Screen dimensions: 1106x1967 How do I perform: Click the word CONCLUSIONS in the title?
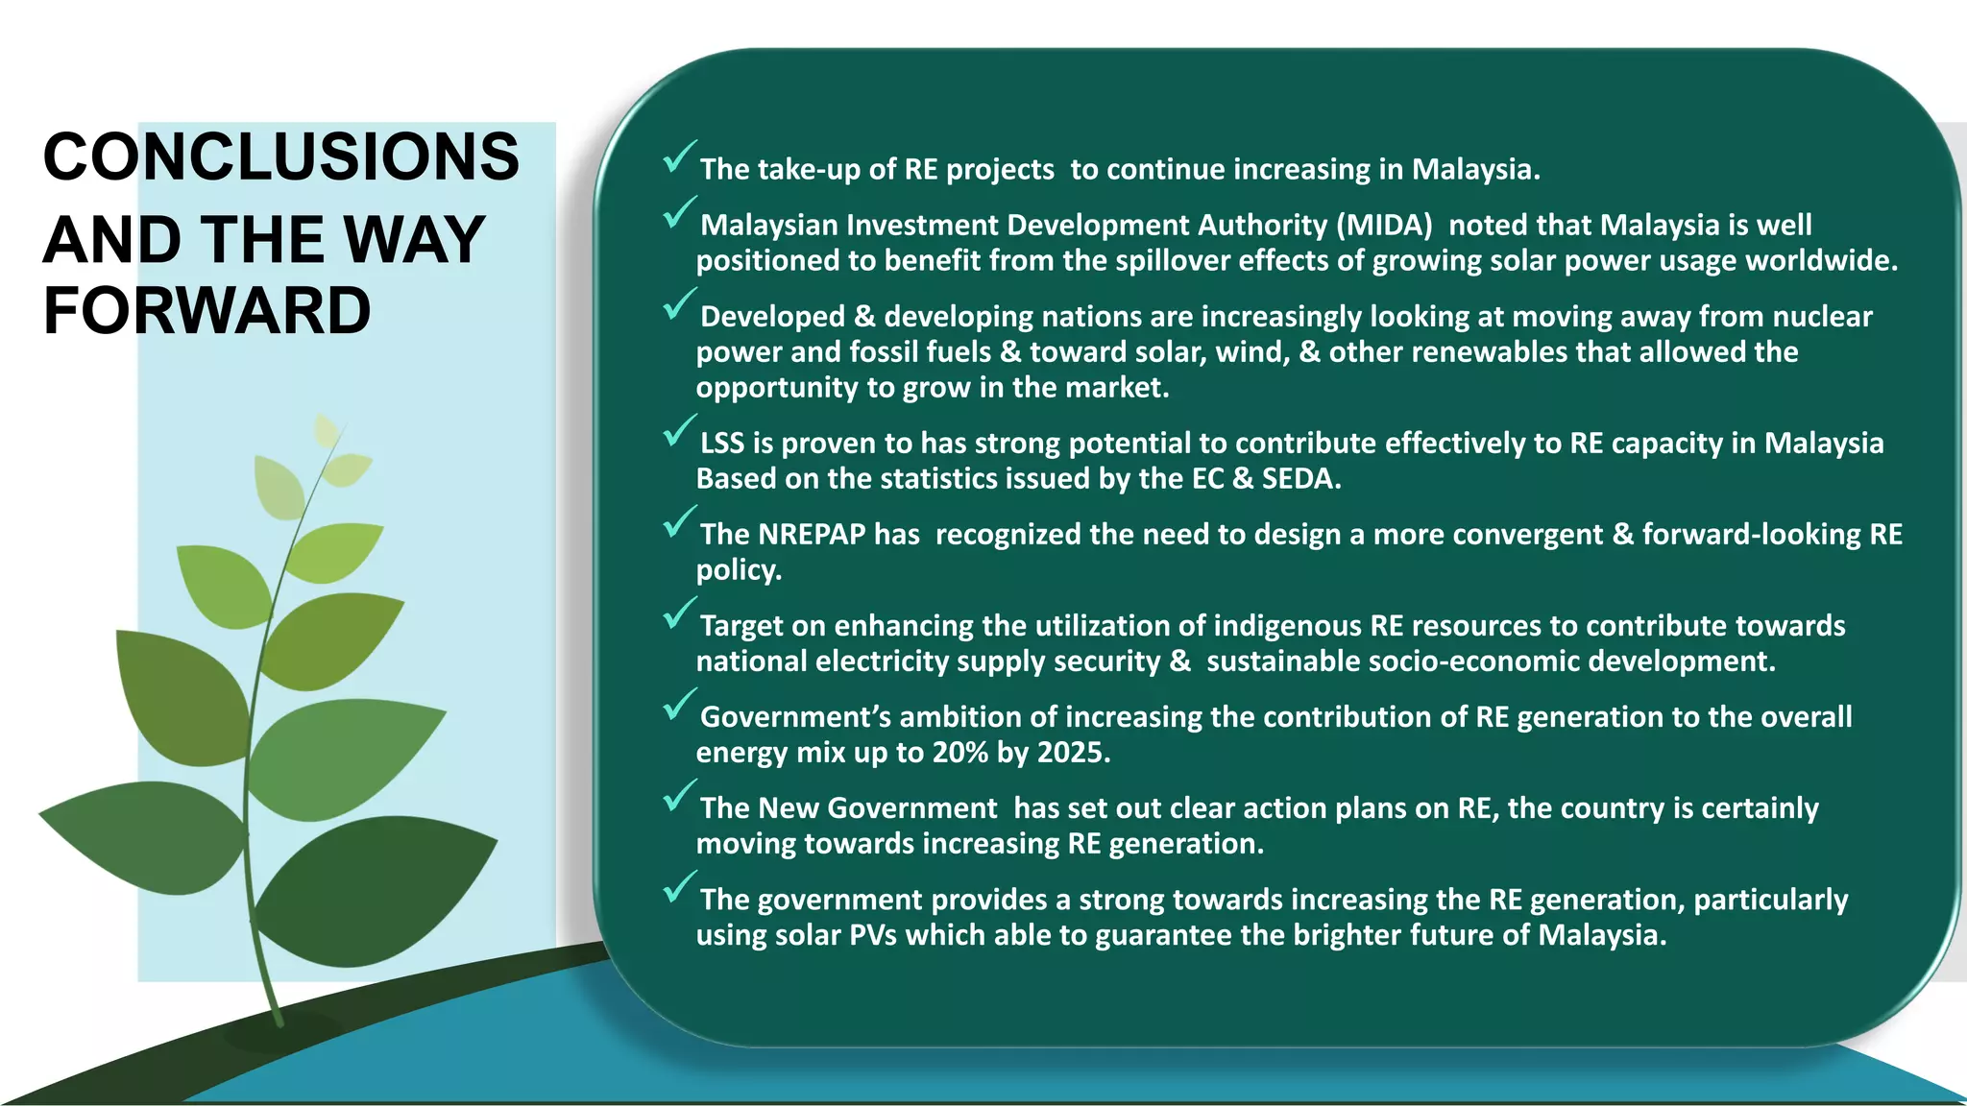point(280,156)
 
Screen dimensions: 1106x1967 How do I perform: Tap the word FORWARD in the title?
point(206,311)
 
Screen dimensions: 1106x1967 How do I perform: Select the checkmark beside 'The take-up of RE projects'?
point(678,157)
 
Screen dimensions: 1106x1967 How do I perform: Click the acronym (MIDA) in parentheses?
point(1384,225)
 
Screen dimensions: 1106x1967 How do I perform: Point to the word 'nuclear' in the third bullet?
point(1821,316)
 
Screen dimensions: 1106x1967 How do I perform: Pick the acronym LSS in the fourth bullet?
point(722,443)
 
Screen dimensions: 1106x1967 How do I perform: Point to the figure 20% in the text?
point(959,752)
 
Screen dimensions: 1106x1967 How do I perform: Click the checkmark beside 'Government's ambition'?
point(678,705)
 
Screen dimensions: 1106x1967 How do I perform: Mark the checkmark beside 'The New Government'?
point(678,796)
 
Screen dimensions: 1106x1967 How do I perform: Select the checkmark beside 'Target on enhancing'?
point(678,613)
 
